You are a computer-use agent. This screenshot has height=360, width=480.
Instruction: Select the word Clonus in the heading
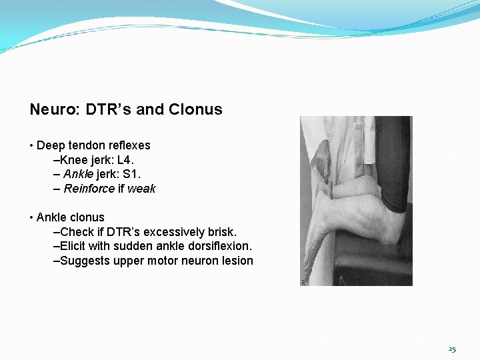coord(195,109)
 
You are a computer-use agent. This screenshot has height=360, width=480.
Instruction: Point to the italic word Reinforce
coord(89,189)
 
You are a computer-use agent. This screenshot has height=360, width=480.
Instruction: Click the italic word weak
coord(141,189)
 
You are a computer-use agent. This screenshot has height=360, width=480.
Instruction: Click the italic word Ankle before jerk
coord(79,174)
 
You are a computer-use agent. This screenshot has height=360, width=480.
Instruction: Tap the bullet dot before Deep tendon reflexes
coord(31,146)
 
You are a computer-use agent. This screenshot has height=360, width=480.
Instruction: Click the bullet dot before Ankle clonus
coord(31,218)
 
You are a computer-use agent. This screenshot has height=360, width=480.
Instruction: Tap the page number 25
coord(452,349)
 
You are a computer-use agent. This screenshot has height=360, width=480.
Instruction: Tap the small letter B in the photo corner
coord(303,282)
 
